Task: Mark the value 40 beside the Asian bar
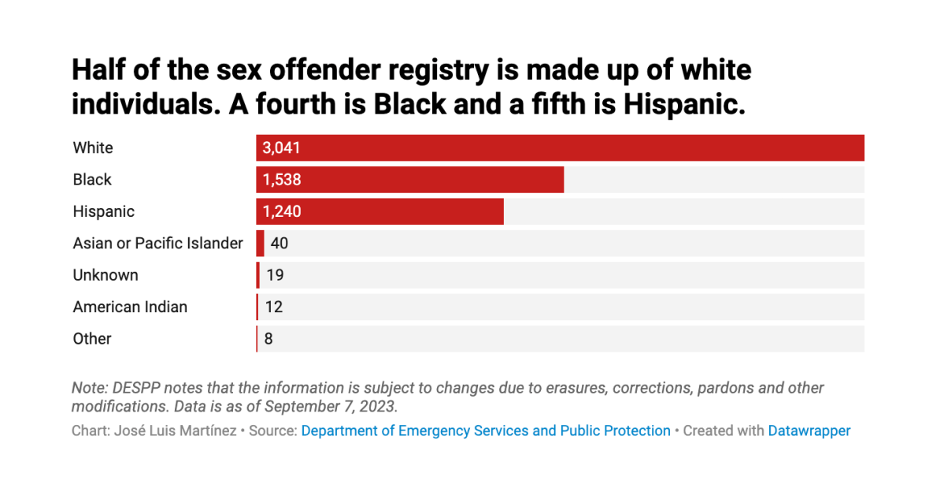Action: pyautogui.click(x=279, y=244)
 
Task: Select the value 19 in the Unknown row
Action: pyautogui.click(x=275, y=275)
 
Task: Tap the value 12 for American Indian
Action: pyautogui.click(x=274, y=307)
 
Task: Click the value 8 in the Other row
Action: pyautogui.click(x=268, y=339)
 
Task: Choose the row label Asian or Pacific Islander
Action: pyautogui.click(x=157, y=244)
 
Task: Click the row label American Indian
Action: pyautogui.click(x=130, y=307)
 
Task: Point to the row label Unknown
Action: pyautogui.click(x=106, y=275)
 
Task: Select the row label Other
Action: pyautogui.click(x=92, y=339)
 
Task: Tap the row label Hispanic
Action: pyautogui.click(x=104, y=211)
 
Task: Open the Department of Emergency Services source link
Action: pyautogui.click(x=486, y=431)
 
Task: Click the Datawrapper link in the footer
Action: pyautogui.click(x=809, y=431)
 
